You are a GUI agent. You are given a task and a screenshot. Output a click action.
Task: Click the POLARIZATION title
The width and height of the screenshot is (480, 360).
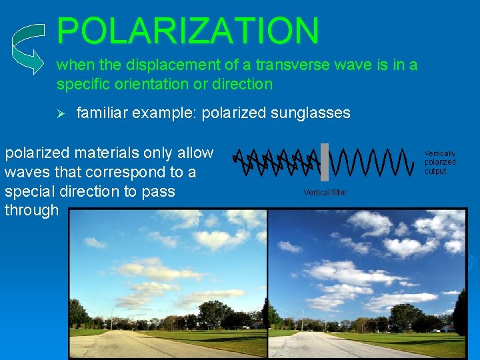tap(188, 31)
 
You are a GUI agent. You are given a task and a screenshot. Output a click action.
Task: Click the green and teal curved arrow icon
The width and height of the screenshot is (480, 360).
tap(30, 48)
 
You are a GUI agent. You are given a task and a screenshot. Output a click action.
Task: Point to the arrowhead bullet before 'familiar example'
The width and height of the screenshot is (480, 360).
tap(59, 113)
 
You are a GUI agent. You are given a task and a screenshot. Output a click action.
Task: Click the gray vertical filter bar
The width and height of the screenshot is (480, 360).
tap(325, 162)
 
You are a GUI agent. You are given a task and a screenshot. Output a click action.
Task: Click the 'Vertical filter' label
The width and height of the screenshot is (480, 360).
tap(325, 193)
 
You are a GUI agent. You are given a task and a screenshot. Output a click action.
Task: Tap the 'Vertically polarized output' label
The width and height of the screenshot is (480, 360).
tap(440, 163)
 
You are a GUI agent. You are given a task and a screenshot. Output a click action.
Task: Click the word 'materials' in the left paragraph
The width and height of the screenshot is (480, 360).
tap(108, 153)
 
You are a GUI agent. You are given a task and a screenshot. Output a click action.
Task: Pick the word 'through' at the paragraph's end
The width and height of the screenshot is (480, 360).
tap(31, 211)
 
